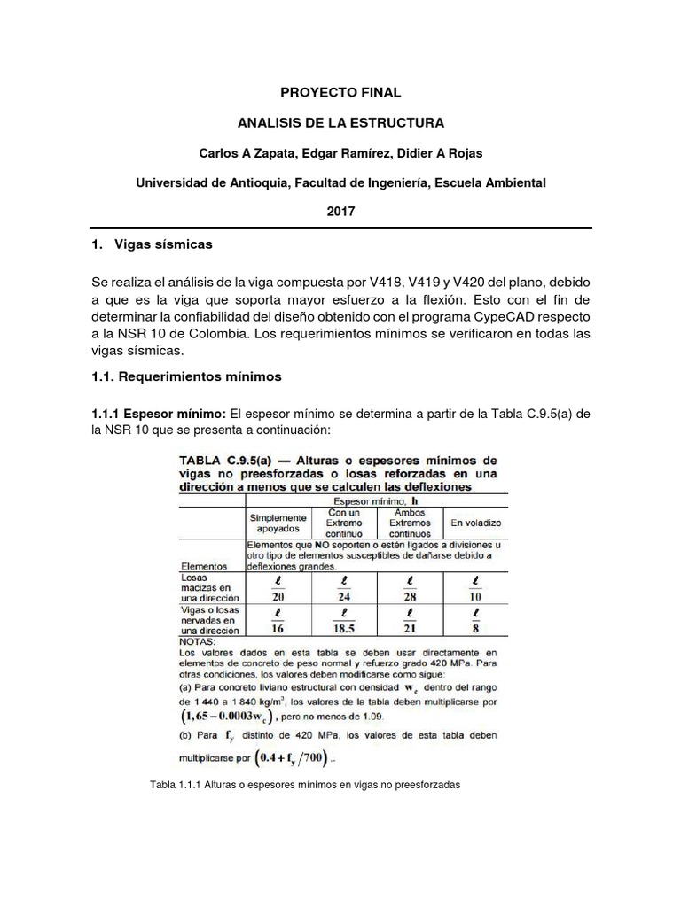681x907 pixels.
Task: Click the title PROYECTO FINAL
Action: pos(340,91)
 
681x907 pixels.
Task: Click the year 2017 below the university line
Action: pos(340,213)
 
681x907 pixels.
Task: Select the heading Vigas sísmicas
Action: pos(168,243)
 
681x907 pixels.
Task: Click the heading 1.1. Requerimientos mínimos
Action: pos(186,376)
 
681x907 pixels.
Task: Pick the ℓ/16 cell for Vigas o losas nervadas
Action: pos(278,621)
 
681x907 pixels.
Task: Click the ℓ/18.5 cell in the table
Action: pos(344,621)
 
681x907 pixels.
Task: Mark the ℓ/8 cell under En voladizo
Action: pos(476,621)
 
